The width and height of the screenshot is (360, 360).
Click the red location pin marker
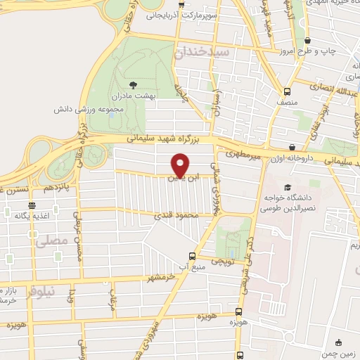pos(181,165)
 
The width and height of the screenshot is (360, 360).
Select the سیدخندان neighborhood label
pos(202,52)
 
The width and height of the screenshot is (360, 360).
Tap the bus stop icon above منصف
pos(286,91)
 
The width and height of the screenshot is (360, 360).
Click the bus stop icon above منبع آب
pos(192,256)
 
